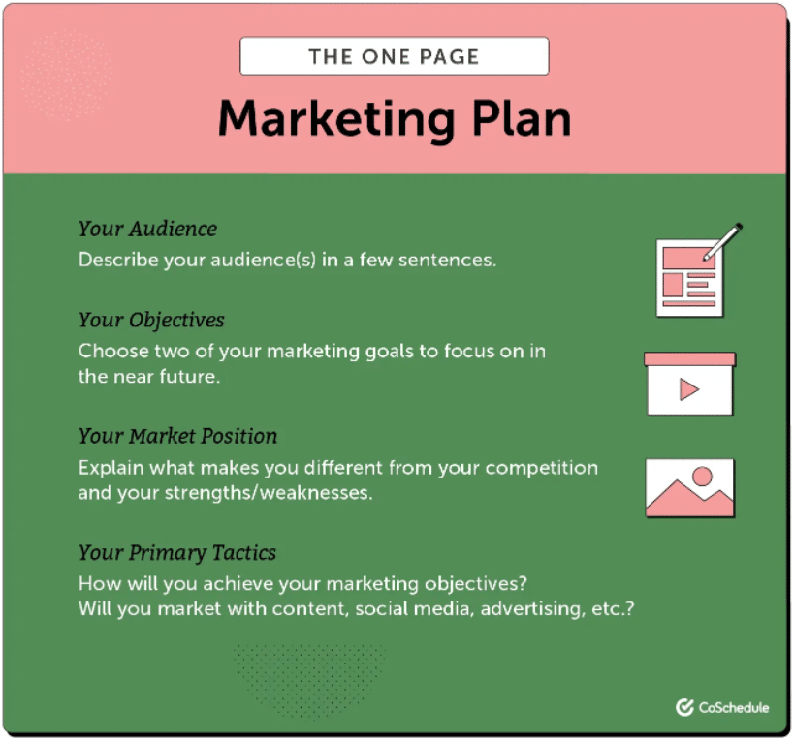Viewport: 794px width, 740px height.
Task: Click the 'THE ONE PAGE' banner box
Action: click(x=394, y=56)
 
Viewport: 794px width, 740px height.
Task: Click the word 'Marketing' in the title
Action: click(x=335, y=118)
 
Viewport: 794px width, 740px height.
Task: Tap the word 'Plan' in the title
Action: click(x=517, y=118)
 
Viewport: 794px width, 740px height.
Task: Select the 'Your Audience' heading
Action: click(x=147, y=230)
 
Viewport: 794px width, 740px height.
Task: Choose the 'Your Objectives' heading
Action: click(x=151, y=320)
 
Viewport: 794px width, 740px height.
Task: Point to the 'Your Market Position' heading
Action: click(x=177, y=436)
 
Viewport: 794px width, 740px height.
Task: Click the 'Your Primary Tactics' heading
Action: click(x=177, y=553)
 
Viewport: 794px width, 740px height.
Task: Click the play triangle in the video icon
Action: click(x=689, y=389)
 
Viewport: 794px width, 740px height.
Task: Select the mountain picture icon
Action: click(x=689, y=488)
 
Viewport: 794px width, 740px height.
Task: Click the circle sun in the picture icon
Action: click(x=702, y=476)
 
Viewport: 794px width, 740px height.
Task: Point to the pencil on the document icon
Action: click(x=721, y=241)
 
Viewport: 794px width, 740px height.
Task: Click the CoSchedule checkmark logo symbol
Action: click(x=684, y=708)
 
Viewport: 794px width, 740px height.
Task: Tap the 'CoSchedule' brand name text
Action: click(x=734, y=708)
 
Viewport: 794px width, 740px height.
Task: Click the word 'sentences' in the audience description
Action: click(x=447, y=260)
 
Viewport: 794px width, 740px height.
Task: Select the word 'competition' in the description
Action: click(x=541, y=467)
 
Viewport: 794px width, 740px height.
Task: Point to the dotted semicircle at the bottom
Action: click(x=309, y=668)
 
